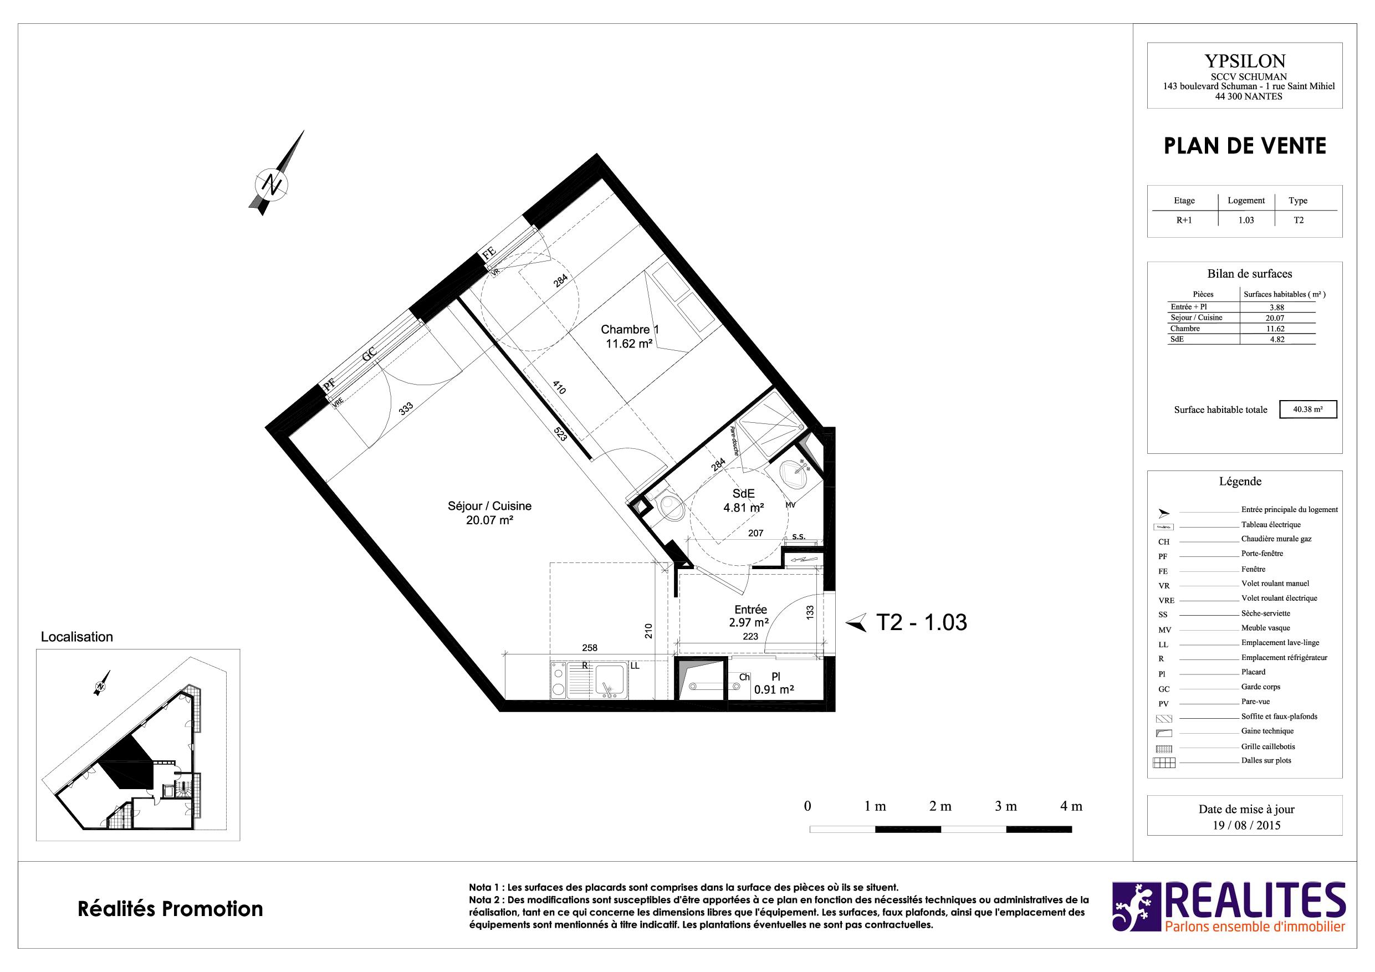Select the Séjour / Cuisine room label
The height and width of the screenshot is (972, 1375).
(x=489, y=513)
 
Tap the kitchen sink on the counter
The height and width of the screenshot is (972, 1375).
(x=611, y=681)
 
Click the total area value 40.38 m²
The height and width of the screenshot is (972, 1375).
(x=1307, y=410)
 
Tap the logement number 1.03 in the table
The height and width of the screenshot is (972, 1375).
(x=1246, y=220)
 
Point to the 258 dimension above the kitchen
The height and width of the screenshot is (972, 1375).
(x=590, y=647)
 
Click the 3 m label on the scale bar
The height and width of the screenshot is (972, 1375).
(x=1006, y=806)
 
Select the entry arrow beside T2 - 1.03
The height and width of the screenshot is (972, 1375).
(x=856, y=623)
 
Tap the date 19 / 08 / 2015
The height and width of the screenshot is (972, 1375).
(x=1247, y=825)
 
